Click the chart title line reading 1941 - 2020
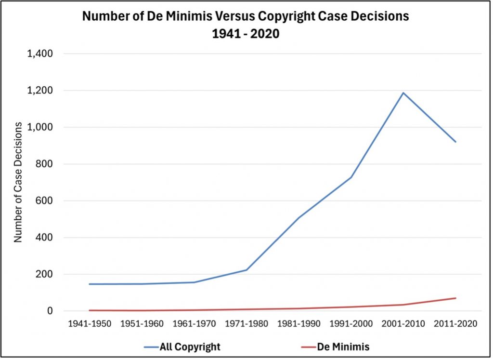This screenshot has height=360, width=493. [246, 34]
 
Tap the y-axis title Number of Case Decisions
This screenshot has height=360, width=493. [18, 182]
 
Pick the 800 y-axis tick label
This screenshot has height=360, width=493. [44, 164]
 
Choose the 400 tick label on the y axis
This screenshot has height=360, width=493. [44, 238]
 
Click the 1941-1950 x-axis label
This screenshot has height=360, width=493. [90, 324]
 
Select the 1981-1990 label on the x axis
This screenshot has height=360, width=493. [298, 324]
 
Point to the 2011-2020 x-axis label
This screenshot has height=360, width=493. [455, 324]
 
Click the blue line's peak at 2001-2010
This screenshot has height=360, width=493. [403, 93]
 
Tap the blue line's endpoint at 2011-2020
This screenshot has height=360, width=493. [455, 142]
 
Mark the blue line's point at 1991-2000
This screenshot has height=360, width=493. [351, 177]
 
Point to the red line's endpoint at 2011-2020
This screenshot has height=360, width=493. [455, 298]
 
